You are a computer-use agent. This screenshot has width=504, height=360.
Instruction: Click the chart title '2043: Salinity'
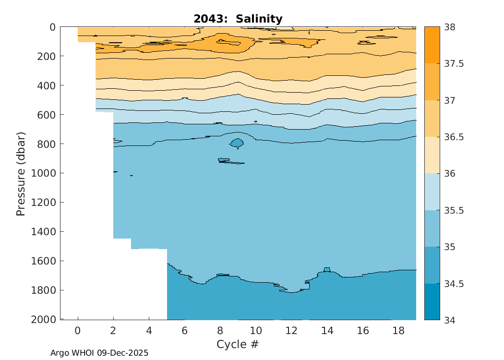[x=238, y=19]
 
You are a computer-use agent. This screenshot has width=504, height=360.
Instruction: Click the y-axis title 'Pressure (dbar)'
[x=21, y=173]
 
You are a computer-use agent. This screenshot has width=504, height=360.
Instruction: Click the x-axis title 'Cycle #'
[x=238, y=344]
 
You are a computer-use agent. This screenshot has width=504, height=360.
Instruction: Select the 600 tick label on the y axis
[x=47, y=115]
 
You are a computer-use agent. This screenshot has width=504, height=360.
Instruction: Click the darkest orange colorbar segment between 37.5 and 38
[x=432, y=45]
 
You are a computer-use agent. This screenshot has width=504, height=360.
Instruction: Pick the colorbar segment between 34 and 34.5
[x=432, y=301]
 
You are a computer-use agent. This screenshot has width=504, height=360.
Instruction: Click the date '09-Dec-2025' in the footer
[x=123, y=353]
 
